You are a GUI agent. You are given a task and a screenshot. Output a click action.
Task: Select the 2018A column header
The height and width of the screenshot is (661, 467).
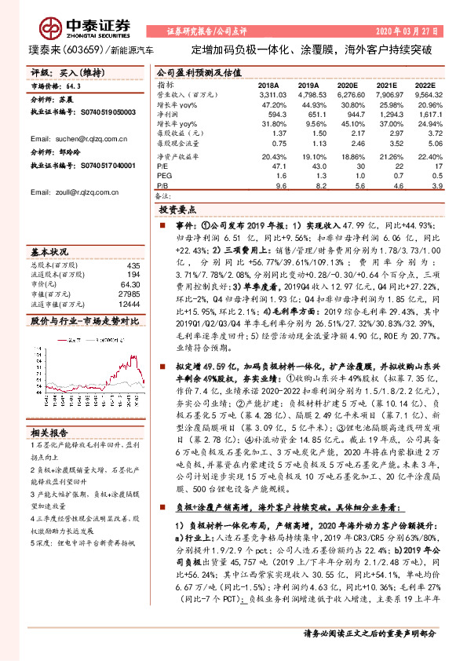click(268, 83)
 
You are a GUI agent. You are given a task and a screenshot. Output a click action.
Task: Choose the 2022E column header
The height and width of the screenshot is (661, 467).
click(425, 83)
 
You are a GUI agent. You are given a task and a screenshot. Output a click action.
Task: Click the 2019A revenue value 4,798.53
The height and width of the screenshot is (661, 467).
click(308, 93)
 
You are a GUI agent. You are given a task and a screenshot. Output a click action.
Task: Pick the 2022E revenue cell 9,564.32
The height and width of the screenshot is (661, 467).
click(425, 93)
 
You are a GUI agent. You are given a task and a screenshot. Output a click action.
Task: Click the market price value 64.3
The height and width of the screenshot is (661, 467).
click(75, 88)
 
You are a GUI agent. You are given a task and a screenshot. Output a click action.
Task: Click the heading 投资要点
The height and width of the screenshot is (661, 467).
click(177, 211)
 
